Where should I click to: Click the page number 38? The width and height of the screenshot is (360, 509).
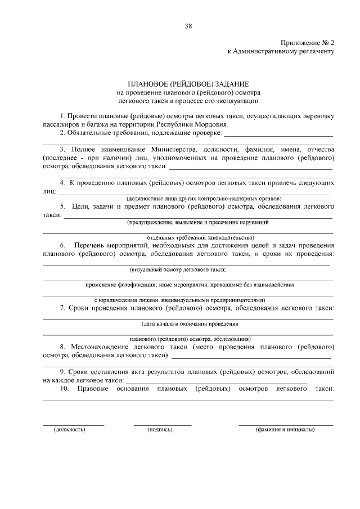[188, 26]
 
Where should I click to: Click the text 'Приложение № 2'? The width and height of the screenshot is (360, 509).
[308, 43]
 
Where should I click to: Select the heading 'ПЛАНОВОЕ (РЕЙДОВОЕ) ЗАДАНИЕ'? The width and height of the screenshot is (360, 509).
[188, 83]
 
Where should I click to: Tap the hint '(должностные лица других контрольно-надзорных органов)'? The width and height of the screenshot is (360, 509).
[204, 199]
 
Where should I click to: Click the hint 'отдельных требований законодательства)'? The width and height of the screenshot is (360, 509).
[200, 237]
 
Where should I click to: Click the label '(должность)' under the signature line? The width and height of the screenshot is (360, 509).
[69, 430]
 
